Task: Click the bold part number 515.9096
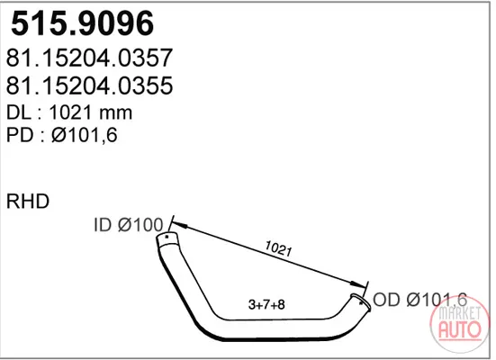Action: tap(82, 23)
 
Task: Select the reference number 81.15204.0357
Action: tap(89, 58)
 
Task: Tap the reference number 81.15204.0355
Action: tap(89, 85)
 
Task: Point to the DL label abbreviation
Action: tap(19, 112)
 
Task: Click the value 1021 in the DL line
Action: tap(71, 112)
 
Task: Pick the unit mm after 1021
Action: tap(116, 114)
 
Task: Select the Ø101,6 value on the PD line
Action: tap(85, 135)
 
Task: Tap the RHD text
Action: tap(28, 202)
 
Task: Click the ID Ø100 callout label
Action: tap(129, 225)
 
